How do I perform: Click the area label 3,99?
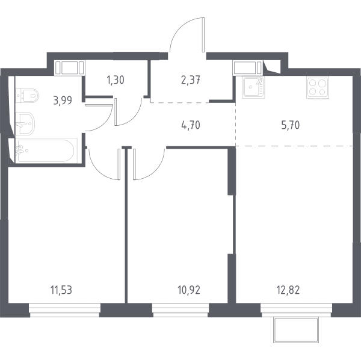(63, 101)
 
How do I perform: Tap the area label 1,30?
(116, 80)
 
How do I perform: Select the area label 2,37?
(191, 81)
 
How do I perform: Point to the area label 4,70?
(191, 125)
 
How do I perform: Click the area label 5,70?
(291, 125)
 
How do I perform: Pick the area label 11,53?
(61, 290)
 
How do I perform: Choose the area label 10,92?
(189, 290)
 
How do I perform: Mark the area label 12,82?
(288, 290)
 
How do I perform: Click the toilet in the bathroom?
(27, 96)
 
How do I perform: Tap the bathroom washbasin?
(25, 123)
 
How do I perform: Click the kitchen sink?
(254, 87)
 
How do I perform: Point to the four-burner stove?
(318, 88)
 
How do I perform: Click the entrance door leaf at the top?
(203, 35)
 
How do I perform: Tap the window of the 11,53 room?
(65, 310)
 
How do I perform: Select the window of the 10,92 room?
(180, 310)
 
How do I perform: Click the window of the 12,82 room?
(296, 310)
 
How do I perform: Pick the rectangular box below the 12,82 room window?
(296, 330)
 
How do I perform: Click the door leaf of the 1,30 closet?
(116, 112)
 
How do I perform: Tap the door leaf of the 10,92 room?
(134, 164)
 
